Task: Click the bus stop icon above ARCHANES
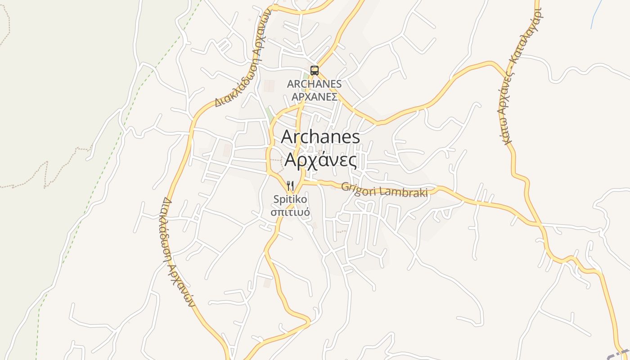315,70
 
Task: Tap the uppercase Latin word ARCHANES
315,84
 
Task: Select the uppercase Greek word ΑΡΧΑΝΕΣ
315,97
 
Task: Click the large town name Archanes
320,137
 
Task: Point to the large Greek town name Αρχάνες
320,160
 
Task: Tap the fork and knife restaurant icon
290,185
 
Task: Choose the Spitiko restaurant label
290,199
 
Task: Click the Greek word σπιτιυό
290,211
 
